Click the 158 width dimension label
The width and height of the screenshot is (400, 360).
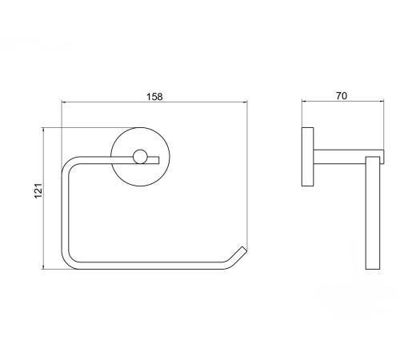coord(154,97)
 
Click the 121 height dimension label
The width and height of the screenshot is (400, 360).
coord(38,190)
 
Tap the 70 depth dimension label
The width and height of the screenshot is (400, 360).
coord(342,96)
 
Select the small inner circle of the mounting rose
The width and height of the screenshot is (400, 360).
coord(140,157)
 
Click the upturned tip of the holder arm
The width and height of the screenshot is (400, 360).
coord(244,249)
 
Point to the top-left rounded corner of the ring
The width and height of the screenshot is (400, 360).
coord(67,162)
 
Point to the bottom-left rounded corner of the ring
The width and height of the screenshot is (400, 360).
coord(67,263)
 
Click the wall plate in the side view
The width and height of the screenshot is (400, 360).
coord(307,157)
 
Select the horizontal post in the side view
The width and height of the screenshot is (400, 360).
coord(349,157)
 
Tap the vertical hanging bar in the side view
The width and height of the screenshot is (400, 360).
coord(373,213)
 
